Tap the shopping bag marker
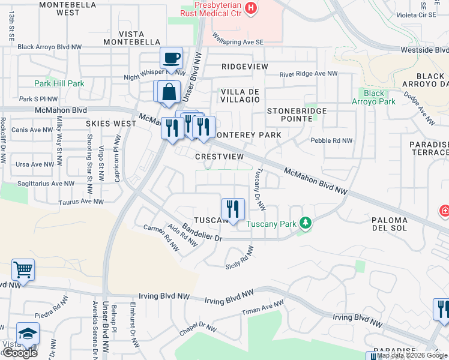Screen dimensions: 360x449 coord(169,92)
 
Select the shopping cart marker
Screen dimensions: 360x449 coord(23,270)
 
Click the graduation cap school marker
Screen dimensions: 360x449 coord(28,334)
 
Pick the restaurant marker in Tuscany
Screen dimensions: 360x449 coord(233,209)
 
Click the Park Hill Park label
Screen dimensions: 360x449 coord(59,83)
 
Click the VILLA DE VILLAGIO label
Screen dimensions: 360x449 coord(240,95)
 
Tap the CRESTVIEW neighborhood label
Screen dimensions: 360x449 coord(220,156)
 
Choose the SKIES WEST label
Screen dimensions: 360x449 coord(111,123)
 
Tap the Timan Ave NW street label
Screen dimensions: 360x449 coord(262,310)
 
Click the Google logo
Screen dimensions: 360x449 coord(20,353)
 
